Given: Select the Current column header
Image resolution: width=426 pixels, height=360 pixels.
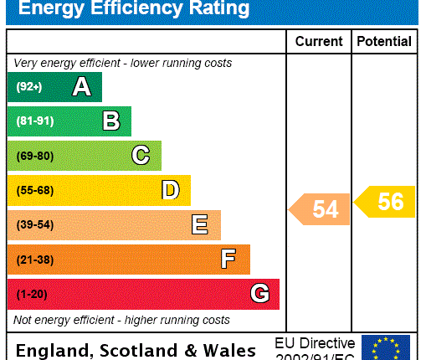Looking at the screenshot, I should [319, 41].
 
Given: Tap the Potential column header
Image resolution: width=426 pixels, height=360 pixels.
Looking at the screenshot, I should [384, 41].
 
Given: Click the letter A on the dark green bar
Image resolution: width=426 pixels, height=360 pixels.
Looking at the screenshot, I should [81, 86].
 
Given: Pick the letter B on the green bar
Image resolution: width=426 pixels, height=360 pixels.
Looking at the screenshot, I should [110, 121].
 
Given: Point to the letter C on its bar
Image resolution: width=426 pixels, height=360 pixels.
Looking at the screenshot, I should [141, 156].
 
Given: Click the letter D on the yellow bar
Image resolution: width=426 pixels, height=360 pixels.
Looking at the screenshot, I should [170, 190].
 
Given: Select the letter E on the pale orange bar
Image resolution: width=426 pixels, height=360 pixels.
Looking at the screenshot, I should [199, 224].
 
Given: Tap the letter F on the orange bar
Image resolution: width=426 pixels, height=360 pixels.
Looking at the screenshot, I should [228, 260].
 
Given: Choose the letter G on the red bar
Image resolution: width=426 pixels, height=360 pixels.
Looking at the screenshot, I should [259, 294].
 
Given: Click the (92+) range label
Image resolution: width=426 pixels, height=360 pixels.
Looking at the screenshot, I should [28, 87].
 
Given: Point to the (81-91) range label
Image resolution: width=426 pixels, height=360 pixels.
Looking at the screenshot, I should [34, 121].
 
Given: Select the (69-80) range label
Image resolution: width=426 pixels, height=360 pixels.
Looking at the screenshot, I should [34, 156].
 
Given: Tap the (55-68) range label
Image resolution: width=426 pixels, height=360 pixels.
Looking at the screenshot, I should [34, 190].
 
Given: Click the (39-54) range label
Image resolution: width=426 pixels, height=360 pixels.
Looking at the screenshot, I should [34, 225].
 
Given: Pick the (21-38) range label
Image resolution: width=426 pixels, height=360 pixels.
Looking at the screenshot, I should [34, 260].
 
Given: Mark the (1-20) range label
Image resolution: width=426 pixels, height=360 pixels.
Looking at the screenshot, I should [32, 294].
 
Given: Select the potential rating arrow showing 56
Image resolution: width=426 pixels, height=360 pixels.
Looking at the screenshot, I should [386, 202].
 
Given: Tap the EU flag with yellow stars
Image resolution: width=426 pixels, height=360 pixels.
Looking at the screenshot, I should [385, 347].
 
